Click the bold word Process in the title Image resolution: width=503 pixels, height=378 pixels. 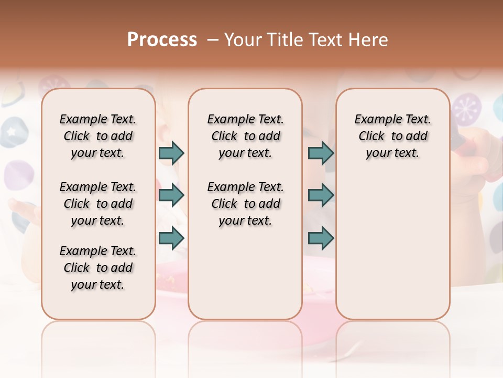162,39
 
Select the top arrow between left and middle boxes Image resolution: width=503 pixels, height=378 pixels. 171,153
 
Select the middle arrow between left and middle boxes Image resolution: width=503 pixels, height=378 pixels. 171,195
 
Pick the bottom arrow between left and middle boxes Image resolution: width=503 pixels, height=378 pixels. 171,238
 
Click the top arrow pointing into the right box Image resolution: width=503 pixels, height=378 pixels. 321,153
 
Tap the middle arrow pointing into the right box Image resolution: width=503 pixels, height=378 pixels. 321,195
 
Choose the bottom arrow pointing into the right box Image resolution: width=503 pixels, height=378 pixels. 321,238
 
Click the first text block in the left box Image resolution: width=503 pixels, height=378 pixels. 98,136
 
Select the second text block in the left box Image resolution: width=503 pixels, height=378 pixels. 98,204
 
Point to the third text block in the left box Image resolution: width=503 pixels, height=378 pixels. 98,268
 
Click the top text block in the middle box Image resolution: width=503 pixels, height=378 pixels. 245,136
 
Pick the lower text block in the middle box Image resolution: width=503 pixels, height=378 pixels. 245,204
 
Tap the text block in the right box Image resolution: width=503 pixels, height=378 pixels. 392,136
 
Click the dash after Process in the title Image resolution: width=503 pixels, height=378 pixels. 213,39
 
